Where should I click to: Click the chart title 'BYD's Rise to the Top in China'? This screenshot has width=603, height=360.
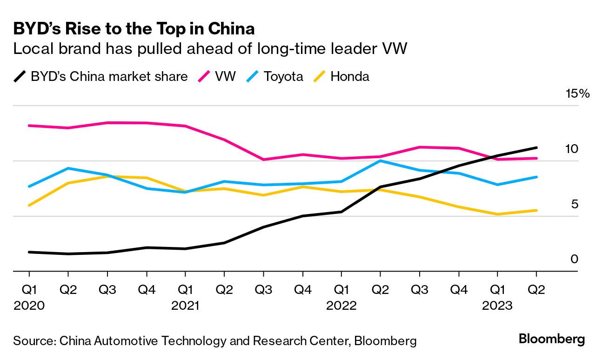tap(134, 29)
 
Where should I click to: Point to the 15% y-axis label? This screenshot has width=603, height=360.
tap(577, 93)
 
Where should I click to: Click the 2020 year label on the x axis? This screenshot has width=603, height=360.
tap(29, 306)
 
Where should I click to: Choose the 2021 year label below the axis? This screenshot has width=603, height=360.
tap(185, 306)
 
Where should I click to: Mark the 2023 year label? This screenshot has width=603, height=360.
tap(497, 306)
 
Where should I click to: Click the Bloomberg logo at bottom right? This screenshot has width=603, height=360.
tap(551, 339)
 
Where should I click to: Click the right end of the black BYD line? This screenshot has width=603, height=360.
tap(536, 147)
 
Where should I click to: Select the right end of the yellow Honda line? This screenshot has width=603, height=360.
tap(536, 210)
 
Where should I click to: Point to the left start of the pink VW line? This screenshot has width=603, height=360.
tap(29, 126)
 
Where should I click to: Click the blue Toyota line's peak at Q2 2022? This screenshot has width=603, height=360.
tap(381, 161)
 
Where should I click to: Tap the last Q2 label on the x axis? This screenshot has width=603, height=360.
tap(536, 290)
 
